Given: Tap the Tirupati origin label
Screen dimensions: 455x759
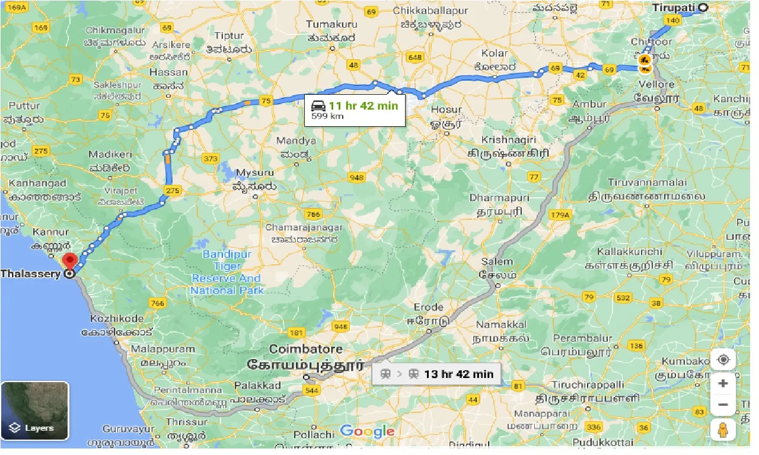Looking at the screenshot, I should click(674, 8).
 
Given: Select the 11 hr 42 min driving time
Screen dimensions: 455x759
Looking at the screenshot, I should click(363, 106).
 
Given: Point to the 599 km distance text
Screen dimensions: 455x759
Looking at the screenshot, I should click(324, 117).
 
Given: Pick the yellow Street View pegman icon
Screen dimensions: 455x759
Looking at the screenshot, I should click(722, 430).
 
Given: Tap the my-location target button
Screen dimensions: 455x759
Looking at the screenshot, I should click(722, 360).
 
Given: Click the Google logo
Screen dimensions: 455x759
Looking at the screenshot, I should click(368, 431).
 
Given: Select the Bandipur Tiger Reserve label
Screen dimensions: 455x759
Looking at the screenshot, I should click(228, 272).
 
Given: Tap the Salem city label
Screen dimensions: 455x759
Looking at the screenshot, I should click(497, 261).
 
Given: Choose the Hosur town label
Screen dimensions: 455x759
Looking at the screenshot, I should click(446, 110).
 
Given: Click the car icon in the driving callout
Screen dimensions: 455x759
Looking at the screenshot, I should click(318, 106).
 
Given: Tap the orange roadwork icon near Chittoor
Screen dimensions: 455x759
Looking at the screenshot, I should click(645, 60).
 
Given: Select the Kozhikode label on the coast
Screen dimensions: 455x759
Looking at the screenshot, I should click(117, 318).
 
